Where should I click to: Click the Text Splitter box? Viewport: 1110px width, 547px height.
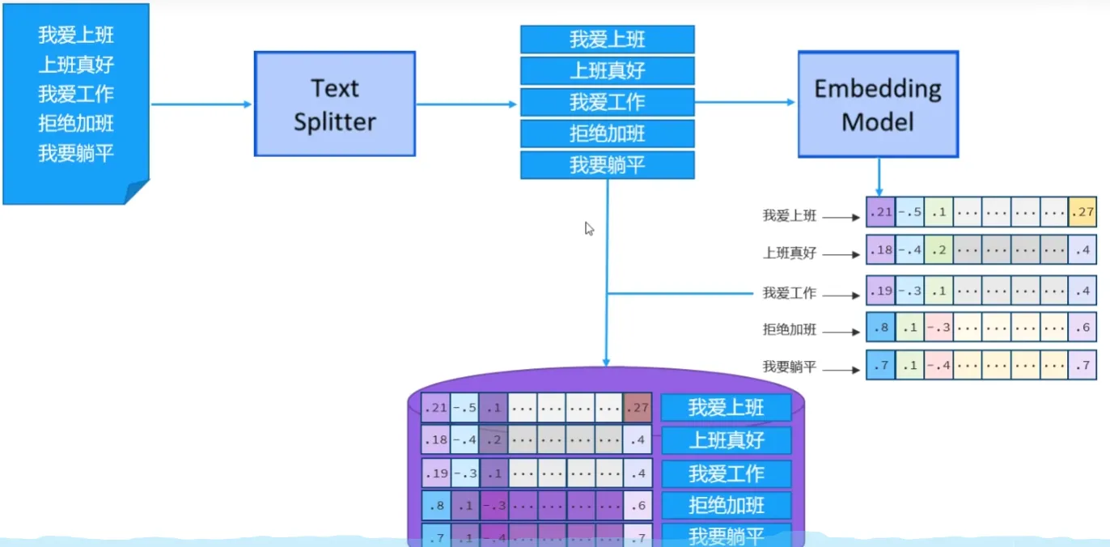334,104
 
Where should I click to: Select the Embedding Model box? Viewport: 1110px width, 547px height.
878,104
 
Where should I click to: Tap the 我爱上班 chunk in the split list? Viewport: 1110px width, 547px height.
607,39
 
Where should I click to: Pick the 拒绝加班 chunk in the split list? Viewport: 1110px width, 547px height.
607,134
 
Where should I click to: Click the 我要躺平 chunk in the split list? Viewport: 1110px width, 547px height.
607,165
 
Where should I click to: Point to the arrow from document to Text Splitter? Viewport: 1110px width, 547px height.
202,104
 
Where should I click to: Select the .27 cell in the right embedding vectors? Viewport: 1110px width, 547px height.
1082,212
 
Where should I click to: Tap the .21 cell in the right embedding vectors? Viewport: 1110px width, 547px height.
879,212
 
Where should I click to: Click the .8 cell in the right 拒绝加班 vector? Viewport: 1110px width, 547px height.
879,327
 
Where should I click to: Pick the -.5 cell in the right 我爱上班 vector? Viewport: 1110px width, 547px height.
909,212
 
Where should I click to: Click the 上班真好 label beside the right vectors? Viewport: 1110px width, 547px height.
789,253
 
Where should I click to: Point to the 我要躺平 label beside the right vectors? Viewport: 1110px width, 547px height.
789,367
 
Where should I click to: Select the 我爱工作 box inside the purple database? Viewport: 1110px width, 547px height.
726,473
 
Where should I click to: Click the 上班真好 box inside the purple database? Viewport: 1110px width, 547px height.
726,441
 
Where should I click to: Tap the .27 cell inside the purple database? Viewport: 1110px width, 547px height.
638,407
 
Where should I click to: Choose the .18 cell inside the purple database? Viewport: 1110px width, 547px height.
435,440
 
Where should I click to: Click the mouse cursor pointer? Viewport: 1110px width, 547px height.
589,228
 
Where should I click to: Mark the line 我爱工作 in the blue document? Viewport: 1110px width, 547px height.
76,94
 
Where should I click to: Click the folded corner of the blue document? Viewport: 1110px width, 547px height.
138,193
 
